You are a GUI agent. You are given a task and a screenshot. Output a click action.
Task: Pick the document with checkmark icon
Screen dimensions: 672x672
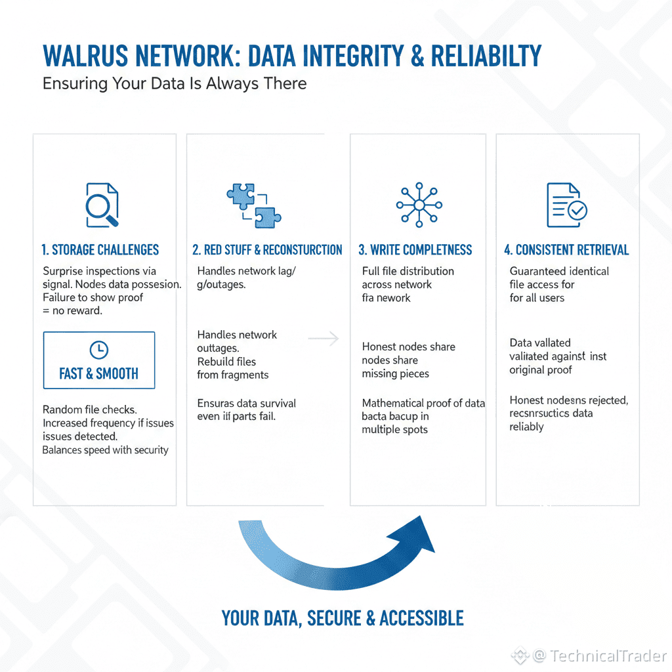[566, 205]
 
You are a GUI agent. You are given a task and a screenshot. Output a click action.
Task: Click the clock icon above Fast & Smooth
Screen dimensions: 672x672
[99, 349]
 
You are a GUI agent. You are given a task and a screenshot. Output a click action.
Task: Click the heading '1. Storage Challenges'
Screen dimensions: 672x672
[100, 250]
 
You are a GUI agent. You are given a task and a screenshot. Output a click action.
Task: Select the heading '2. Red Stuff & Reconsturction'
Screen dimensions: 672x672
[267, 250]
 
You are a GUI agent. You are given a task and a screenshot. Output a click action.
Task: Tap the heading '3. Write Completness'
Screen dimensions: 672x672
[415, 250]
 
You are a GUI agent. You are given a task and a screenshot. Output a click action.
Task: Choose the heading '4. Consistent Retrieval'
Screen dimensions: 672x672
[566, 250]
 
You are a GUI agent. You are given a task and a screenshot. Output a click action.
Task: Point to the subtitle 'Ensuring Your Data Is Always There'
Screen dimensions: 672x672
[175, 84]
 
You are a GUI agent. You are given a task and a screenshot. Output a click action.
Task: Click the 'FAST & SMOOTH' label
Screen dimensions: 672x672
[99, 374]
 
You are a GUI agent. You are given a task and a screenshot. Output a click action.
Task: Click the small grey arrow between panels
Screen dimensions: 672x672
[323, 339]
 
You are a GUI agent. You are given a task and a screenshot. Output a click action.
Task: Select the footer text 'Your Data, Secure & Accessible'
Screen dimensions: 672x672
[343, 618]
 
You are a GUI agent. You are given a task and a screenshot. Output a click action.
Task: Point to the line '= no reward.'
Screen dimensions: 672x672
[72, 310]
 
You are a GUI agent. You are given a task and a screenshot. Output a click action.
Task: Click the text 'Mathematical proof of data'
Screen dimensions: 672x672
[423, 403]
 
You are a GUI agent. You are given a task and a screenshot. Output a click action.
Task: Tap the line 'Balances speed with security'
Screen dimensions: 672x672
[105, 450]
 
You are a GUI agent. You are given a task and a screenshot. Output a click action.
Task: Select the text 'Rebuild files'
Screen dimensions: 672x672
[226, 362]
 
